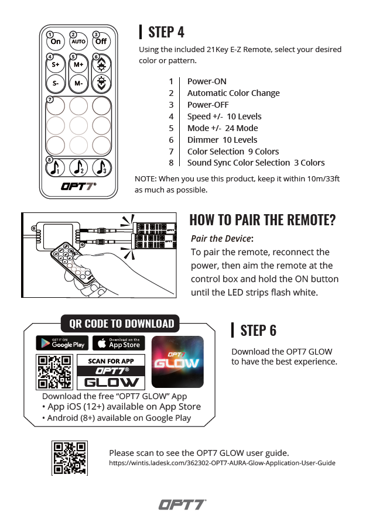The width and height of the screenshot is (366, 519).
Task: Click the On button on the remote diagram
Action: tap(56, 42)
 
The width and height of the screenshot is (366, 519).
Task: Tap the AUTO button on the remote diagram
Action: tap(78, 42)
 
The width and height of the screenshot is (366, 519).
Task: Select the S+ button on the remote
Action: tap(56, 65)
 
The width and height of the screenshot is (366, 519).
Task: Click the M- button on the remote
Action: tap(78, 84)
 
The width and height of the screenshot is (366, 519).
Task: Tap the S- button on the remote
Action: tap(56, 84)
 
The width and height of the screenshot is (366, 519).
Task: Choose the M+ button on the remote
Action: tap(78, 65)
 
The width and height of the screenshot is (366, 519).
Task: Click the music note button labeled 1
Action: tap(56, 168)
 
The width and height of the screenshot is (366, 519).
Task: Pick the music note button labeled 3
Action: tap(101, 168)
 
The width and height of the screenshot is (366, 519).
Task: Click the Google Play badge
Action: tap(61, 343)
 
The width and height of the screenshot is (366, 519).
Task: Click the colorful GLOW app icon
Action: tap(177, 362)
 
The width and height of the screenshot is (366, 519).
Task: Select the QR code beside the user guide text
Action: tap(70, 458)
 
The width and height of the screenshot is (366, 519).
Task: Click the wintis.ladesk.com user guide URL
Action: tap(222, 463)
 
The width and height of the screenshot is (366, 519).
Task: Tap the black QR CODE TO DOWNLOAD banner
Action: tap(121, 324)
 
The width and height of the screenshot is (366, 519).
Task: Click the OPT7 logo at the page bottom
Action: tap(182, 504)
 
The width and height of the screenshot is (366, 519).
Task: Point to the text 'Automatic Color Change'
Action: tap(233, 93)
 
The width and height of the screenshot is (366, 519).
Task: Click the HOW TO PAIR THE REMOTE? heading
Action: tap(262, 220)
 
